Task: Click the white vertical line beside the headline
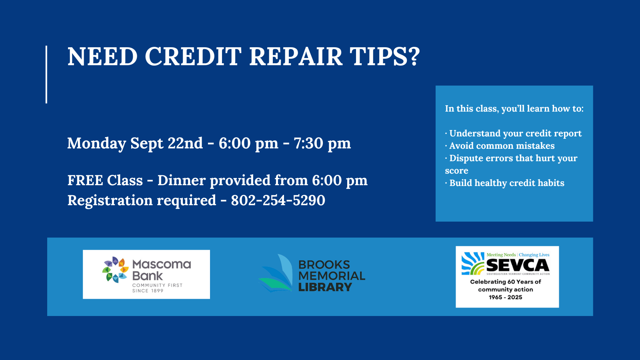tap(46, 74)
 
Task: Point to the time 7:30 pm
tap(322, 143)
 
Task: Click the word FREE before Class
tap(85, 180)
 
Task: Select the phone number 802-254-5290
tap(278, 200)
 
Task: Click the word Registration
tap(110, 200)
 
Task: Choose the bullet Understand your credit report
tap(513, 134)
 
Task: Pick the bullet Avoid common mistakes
tap(500, 146)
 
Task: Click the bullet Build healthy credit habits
tap(504, 183)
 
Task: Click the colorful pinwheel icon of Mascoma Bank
tap(116, 270)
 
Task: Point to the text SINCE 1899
tap(148, 291)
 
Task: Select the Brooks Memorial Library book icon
tap(276, 273)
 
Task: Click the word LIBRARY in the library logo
tap(325, 287)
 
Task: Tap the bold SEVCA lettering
tap(518, 266)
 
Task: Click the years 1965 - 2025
tap(506, 298)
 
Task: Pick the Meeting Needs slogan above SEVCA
tap(501, 255)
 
